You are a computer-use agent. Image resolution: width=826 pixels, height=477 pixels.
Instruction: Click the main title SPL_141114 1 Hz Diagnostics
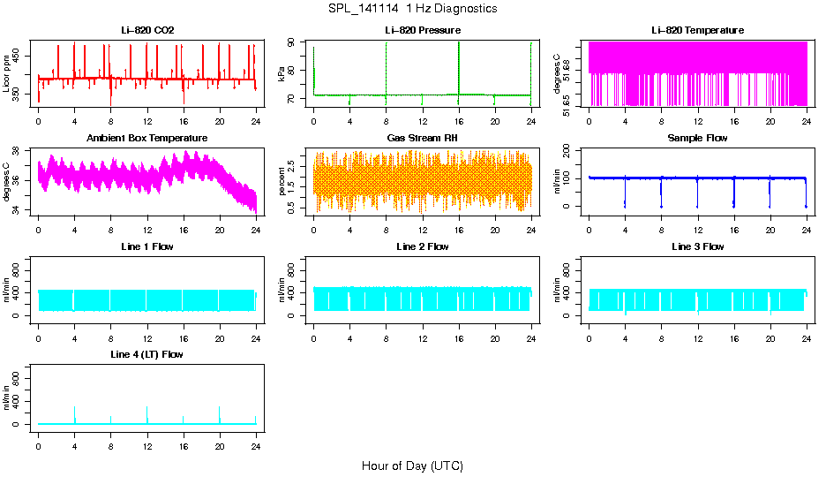point(412,9)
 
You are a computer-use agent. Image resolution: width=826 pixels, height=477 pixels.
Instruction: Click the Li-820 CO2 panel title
point(147,30)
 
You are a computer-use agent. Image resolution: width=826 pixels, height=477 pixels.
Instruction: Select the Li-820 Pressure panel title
point(422,30)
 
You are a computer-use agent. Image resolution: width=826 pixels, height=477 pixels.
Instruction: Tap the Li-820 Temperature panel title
point(697,30)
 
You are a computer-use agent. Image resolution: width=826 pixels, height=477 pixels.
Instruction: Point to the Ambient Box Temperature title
point(147,139)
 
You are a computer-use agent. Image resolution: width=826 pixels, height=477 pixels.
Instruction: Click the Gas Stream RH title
point(422,139)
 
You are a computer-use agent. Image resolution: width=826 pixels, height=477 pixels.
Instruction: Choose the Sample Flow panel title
point(697,139)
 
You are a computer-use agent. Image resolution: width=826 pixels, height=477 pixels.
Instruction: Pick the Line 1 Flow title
point(147,246)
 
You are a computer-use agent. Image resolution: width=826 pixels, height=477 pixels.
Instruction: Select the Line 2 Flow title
point(422,246)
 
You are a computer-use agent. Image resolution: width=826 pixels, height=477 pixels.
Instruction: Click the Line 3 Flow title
point(697,246)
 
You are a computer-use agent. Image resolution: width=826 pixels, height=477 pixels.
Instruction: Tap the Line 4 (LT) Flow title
point(147,354)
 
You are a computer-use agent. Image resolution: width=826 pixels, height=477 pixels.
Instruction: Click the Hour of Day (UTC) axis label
point(412,466)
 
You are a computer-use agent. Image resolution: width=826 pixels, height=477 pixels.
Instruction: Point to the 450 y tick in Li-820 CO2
point(21,56)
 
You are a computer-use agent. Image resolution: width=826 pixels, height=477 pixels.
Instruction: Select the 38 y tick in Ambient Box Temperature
point(21,151)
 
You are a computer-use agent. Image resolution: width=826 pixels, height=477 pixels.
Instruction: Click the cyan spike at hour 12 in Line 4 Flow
point(147,413)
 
